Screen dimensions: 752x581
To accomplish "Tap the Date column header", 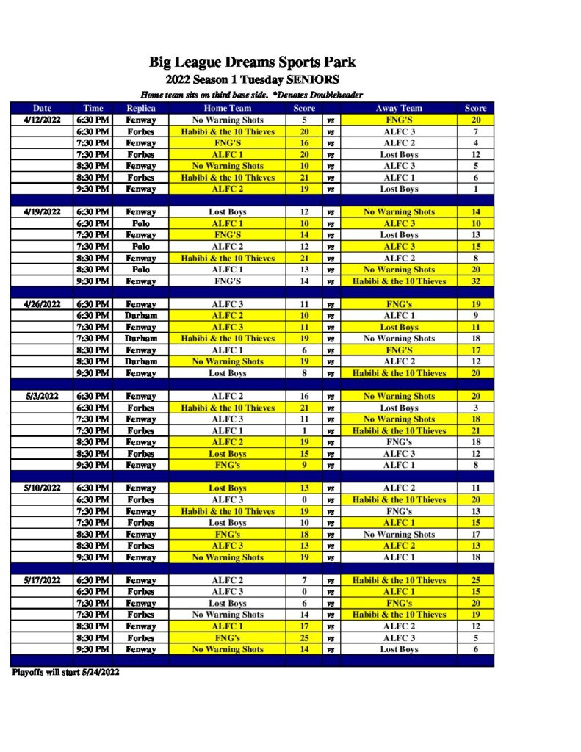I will coord(42,108).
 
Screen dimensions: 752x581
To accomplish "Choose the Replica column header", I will coord(140,108).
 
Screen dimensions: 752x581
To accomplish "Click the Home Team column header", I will coord(227,108).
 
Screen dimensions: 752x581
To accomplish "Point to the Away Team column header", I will coord(399,108).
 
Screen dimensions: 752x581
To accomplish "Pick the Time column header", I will coord(93,108).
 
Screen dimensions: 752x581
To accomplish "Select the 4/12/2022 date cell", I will coord(42,120).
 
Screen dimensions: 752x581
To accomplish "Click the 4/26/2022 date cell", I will coord(42,304).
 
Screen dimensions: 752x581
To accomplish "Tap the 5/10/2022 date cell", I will coord(42,488).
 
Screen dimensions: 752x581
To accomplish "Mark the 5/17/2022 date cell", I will coord(42,580).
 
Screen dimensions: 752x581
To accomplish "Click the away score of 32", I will coord(475,281).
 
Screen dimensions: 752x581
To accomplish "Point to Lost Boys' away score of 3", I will coord(475,408).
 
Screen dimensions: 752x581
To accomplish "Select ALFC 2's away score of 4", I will coord(475,143).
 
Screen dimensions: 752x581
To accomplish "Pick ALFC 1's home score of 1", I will coord(303,431).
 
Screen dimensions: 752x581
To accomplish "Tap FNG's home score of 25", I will coord(303,638).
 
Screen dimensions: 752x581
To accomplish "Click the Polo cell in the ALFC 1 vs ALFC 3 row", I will coord(140,223).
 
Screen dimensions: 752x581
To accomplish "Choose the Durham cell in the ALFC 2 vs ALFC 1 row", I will coord(140,316).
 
